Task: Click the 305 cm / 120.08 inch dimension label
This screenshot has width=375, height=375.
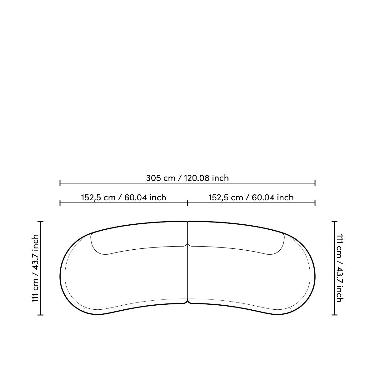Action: click(187, 178)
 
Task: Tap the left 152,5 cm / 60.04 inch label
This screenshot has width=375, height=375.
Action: click(123, 198)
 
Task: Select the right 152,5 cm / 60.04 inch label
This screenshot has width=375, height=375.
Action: click(251, 198)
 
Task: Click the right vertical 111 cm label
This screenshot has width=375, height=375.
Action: click(340, 268)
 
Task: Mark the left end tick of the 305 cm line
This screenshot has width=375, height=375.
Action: click(60, 183)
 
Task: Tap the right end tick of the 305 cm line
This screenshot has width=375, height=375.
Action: click(315, 183)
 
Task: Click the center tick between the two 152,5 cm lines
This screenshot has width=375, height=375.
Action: click(187, 203)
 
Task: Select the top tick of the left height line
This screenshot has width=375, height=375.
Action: click(41, 222)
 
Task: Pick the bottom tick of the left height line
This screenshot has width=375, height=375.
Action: click(41, 315)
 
